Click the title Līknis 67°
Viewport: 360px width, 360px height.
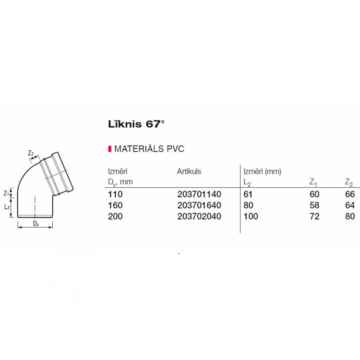(x=136, y=124)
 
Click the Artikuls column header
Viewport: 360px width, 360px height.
(x=189, y=171)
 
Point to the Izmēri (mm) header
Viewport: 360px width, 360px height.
(x=262, y=171)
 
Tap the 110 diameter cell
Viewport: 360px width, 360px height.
(x=116, y=194)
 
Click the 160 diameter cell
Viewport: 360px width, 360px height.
(x=116, y=205)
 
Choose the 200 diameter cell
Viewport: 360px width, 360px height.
(x=116, y=216)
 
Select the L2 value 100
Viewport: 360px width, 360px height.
(x=251, y=216)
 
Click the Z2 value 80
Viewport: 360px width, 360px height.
(x=350, y=216)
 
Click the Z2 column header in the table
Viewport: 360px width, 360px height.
(x=349, y=182)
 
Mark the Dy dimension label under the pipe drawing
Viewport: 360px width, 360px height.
(x=36, y=224)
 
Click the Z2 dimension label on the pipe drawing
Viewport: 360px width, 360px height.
(x=31, y=153)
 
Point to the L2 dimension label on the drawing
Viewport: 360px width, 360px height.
(x=7, y=206)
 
